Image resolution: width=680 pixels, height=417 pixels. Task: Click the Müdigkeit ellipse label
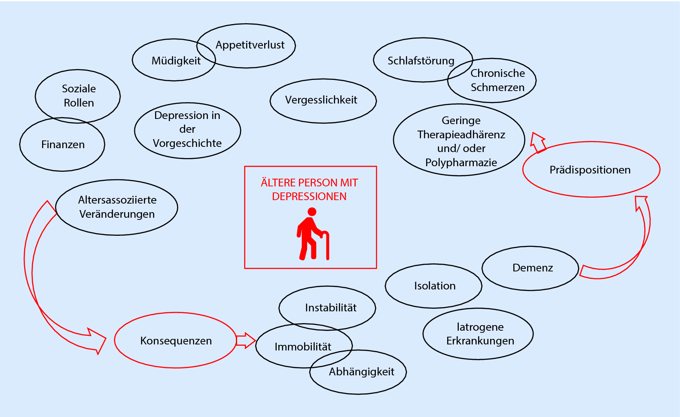coord(176,61)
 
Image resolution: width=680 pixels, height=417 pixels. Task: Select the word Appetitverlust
coord(250,45)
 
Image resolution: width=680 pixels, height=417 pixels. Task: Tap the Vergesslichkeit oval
coord(321,100)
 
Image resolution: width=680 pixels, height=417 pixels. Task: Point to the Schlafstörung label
coord(421,61)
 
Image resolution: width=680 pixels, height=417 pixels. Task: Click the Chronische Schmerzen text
coord(497,80)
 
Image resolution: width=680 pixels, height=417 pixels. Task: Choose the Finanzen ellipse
coord(63,145)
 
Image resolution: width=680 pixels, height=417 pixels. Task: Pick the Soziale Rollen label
coord(79,96)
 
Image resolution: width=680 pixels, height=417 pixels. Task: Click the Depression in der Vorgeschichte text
coord(187,129)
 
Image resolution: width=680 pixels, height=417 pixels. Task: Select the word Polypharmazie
coord(461,163)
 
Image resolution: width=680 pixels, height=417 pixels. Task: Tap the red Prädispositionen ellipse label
coord(590,170)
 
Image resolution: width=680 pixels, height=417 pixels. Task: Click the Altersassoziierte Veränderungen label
coord(117,207)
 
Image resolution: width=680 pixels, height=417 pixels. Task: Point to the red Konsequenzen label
coord(176,341)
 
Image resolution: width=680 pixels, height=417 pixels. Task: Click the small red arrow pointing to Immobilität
coord(245,341)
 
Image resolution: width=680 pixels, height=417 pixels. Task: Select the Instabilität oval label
coord(331,308)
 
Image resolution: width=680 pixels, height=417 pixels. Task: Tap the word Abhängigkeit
coord(361,372)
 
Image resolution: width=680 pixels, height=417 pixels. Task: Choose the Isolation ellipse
coord(434,286)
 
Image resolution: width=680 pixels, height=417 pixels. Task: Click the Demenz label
coord(532,268)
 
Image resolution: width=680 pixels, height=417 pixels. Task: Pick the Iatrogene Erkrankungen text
coord(480,334)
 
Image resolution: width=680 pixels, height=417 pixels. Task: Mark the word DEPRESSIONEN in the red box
coord(309,197)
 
